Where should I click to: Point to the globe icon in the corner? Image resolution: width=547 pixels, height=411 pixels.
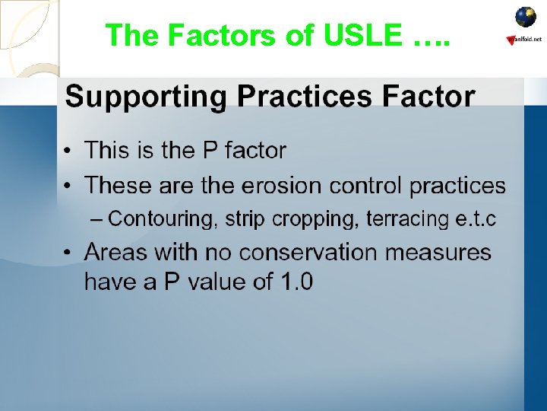[526, 17]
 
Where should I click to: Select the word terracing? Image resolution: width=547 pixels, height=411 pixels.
[407, 219]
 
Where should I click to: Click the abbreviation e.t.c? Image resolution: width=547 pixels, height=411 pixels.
[476, 219]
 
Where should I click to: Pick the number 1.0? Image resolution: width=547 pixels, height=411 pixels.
[296, 282]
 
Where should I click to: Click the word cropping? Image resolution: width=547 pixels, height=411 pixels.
[322, 220]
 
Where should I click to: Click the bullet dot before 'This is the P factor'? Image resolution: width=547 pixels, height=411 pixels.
[68, 151]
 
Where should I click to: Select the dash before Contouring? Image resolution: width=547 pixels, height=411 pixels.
[96, 220]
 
